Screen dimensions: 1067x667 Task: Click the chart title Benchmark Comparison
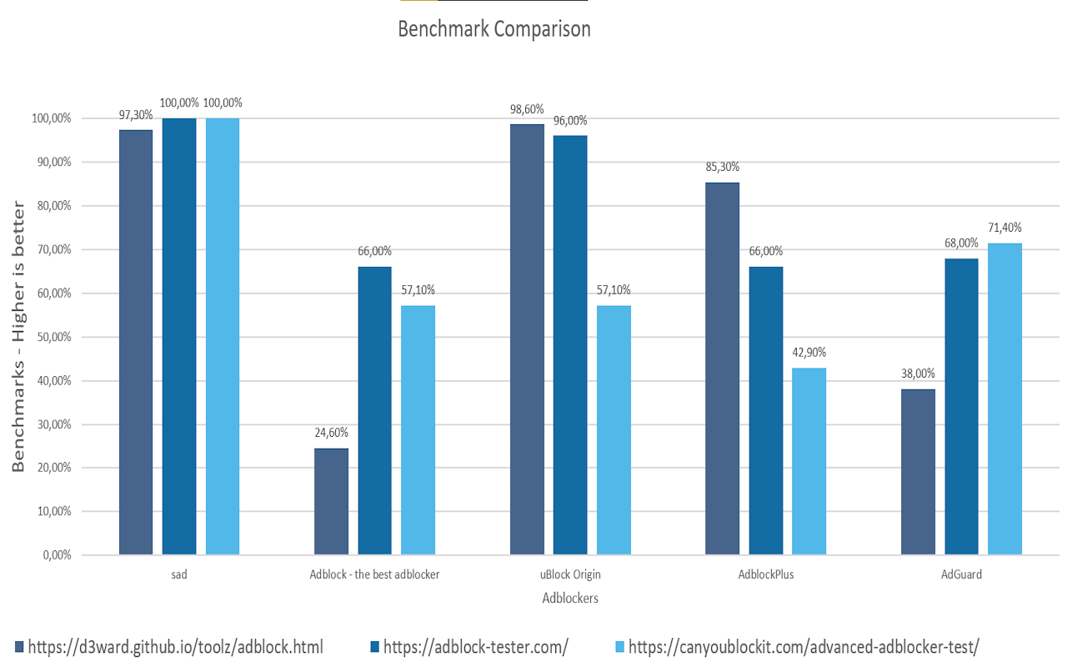[494, 29]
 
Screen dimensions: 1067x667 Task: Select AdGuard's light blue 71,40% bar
[1004, 399]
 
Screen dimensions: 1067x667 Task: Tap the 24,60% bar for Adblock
[331, 501]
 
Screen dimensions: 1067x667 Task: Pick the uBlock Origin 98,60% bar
[527, 339]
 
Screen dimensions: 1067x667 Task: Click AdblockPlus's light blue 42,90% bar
[809, 461]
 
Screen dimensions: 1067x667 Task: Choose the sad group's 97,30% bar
[136, 342]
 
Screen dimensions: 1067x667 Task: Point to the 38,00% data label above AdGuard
[918, 374]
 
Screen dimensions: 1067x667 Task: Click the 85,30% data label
[722, 167]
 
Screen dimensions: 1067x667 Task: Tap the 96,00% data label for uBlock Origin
[570, 121]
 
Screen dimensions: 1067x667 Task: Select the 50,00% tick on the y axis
[54, 338]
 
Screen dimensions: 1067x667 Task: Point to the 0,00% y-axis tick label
[58, 555]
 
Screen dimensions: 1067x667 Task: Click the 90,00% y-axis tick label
[54, 162]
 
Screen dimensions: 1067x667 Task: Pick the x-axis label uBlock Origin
[570, 574]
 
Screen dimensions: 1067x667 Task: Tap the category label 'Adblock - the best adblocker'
[374, 574]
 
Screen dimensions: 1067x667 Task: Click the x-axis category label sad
[179, 574]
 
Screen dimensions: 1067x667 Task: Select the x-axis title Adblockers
[570, 598]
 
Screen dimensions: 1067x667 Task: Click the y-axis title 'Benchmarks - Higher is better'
[18, 336]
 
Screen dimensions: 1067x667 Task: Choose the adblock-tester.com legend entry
[469, 647]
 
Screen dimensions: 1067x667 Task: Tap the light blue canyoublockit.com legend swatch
[619, 647]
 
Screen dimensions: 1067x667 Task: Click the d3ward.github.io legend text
[175, 647]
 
